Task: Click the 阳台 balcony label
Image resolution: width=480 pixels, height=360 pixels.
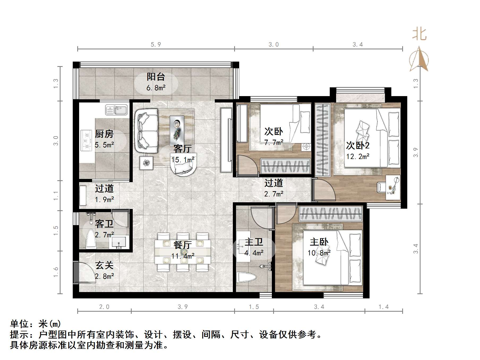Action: click(156, 77)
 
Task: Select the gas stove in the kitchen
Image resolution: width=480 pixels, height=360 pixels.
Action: click(86, 140)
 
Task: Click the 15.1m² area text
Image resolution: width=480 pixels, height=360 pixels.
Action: click(183, 160)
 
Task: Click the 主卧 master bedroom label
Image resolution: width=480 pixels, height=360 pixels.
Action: click(319, 242)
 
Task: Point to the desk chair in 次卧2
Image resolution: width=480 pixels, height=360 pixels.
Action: click(381, 187)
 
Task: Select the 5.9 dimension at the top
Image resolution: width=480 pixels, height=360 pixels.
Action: click(156, 45)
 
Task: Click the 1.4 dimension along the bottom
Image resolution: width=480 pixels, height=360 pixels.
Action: click(383, 307)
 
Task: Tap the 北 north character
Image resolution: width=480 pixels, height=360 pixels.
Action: click(419, 34)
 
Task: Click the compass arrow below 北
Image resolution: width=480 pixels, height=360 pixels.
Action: click(419, 59)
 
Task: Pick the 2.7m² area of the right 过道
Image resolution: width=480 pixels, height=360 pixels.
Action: click(273, 194)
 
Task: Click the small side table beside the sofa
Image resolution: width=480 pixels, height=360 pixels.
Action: click(146, 162)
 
